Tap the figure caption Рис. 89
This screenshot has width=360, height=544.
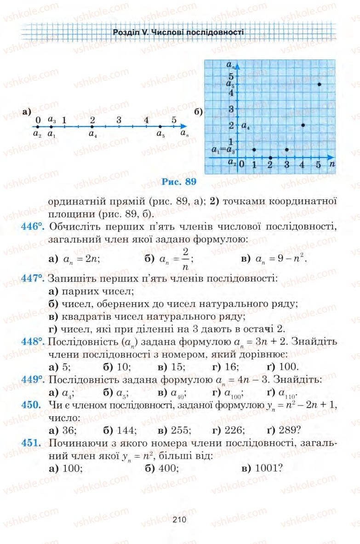coord(179,182)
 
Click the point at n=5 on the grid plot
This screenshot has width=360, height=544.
coord(319,84)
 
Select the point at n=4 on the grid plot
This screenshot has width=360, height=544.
coord(303,125)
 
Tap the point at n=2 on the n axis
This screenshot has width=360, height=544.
coord(270,157)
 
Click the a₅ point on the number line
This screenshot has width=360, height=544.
coord(160,126)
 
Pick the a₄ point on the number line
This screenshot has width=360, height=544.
coord(92,126)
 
